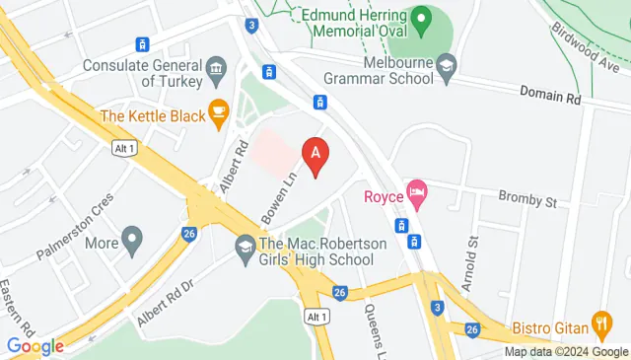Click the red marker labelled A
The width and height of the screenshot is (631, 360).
coord(315,156)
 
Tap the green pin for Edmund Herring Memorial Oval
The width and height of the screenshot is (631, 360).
coord(422,18)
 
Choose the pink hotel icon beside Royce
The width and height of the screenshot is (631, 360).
coord(417,193)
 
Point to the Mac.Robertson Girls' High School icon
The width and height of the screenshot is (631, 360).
coord(244,249)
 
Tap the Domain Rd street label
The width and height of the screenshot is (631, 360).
coord(550,95)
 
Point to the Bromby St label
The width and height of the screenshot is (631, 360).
coord(526,199)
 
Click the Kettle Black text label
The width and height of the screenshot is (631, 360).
coord(152,116)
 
